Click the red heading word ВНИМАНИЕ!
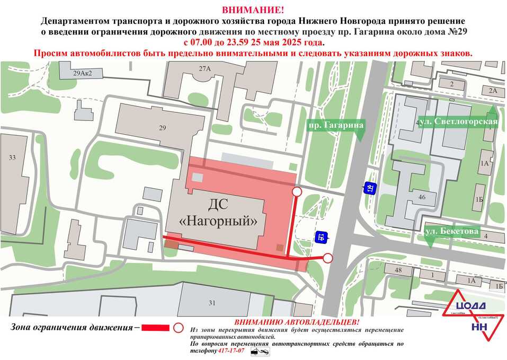click(253, 10)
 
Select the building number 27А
click(204, 69)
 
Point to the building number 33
click(12, 157)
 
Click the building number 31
click(212, 303)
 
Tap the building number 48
click(399, 270)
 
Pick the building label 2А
click(493, 91)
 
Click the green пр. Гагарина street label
click(336, 125)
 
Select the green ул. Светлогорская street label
click(459, 121)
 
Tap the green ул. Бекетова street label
click(452, 231)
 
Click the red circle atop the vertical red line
click(297, 191)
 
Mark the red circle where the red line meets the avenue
click(328, 258)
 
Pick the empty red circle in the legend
click(179, 328)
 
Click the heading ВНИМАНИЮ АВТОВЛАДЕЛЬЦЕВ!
click(297, 322)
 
